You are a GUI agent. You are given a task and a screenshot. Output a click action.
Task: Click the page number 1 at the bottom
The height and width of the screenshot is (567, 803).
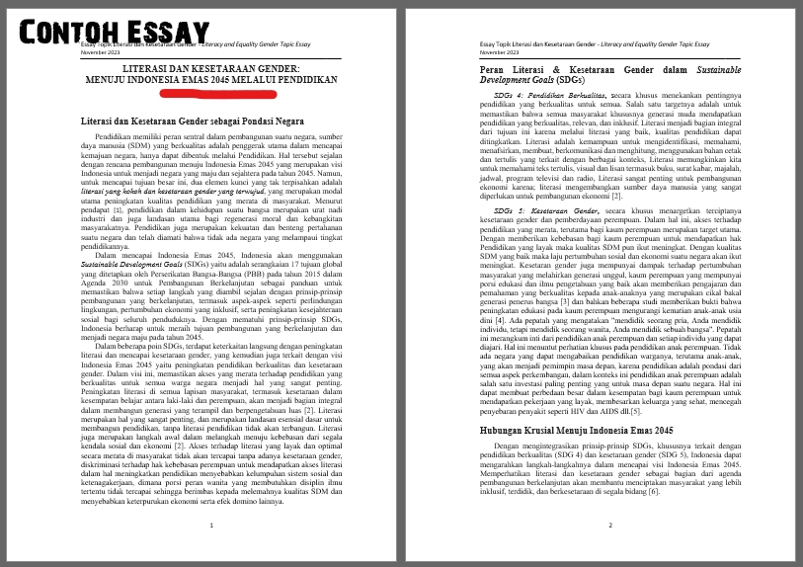coord(212,526)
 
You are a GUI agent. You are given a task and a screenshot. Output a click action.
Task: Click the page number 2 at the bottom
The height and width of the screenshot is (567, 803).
coord(610,526)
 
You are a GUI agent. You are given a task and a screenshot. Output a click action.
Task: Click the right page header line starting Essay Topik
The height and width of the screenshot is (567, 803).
coord(593,45)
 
